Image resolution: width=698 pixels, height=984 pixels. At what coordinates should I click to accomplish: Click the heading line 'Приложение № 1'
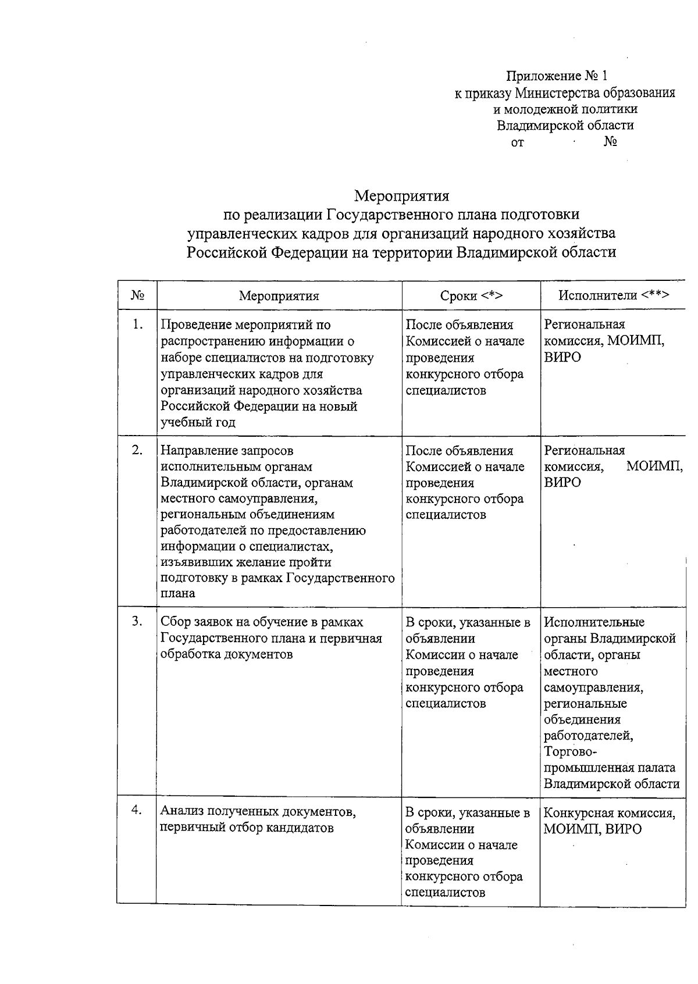point(557,76)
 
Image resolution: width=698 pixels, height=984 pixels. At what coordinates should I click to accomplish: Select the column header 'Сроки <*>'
point(471,295)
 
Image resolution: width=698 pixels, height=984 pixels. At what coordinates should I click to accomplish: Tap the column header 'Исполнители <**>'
point(614,295)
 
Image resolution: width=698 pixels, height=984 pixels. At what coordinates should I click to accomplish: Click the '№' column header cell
point(137,295)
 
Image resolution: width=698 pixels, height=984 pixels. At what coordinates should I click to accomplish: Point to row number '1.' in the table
point(137,325)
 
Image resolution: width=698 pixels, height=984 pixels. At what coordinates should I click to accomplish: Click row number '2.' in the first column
point(137,450)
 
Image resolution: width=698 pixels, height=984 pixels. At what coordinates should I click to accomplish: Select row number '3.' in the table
point(137,622)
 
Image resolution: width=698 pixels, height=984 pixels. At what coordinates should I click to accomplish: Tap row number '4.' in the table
point(137,810)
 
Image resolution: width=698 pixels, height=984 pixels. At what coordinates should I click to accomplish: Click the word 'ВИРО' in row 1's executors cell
point(562,357)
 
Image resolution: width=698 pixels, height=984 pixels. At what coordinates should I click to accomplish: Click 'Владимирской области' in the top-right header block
point(565,126)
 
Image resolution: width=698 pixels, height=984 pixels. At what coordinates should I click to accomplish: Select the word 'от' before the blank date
point(517,142)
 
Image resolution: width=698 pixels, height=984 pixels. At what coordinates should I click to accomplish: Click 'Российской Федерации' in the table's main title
point(263,252)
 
